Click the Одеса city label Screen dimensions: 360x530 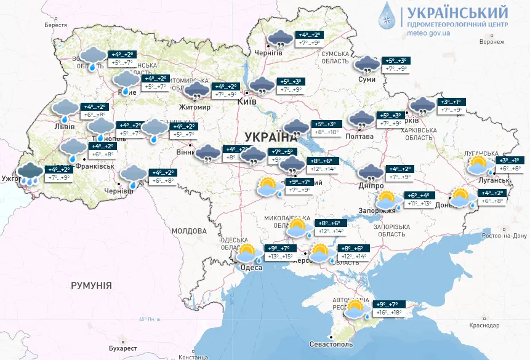pos(251,267)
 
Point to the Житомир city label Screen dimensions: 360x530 pos(195,108)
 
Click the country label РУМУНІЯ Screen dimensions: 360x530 pos(91,286)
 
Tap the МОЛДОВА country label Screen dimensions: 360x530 pos(189,231)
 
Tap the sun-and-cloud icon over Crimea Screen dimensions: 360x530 pos(356,309)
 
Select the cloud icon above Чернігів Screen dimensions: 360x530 pos(280,39)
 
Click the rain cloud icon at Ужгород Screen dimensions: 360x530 pos(30,173)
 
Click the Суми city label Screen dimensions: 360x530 pos(367,79)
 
